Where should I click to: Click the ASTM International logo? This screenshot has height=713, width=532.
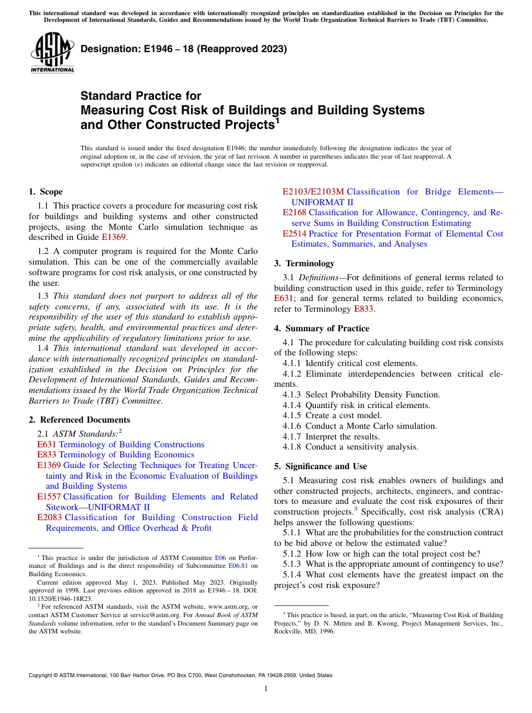tap(52, 52)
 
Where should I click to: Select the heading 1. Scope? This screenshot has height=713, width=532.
tap(46, 192)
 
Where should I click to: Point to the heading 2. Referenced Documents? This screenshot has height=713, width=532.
tap(80, 420)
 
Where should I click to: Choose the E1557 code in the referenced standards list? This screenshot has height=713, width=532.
tap(49, 497)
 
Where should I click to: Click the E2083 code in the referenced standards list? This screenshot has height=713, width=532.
tap(49, 517)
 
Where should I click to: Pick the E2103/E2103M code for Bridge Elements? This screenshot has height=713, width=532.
tap(313, 192)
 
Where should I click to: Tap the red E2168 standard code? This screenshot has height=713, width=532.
tap(294, 212)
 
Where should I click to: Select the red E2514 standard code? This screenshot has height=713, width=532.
tap(294, 234)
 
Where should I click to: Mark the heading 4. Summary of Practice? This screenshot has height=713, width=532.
tap(321, 328)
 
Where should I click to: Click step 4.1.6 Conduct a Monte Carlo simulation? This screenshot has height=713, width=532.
tap(360, 426)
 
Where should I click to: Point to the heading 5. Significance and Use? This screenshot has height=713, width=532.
tap(320, 466)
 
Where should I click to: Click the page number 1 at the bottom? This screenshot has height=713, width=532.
tap(266, 689)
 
